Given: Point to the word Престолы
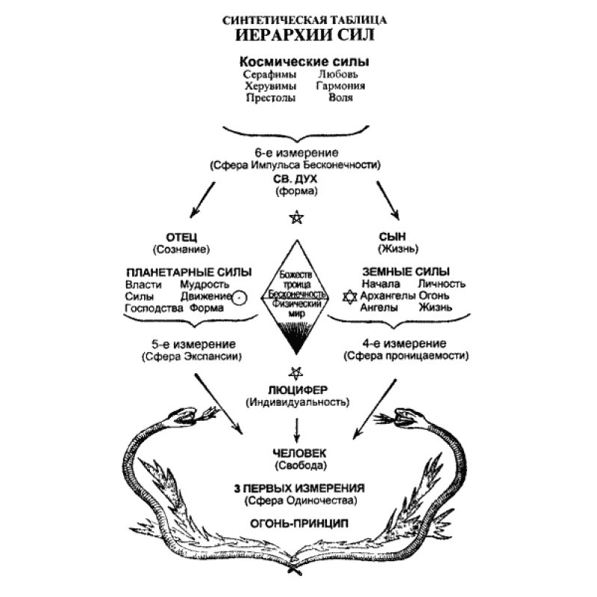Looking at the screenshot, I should [269, 97].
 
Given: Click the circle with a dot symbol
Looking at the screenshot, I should [239, 298].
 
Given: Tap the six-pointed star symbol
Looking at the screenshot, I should [348, 297].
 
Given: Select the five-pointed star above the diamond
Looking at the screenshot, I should [297, 218].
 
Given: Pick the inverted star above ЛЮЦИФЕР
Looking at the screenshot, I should [297, 372].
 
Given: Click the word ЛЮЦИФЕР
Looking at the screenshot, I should [297, 390].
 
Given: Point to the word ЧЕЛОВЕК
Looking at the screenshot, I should [297, 453].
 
